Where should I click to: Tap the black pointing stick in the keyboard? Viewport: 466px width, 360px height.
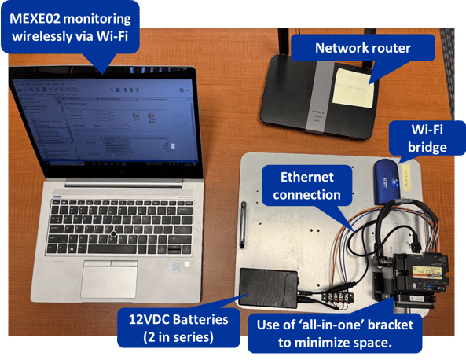[x=114, y=235]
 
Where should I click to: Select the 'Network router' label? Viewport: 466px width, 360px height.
[x=362, y=48]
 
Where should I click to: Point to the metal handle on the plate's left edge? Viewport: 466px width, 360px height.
[x=244, y=224]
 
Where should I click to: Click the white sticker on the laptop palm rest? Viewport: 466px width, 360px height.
[x=187, y=265]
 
